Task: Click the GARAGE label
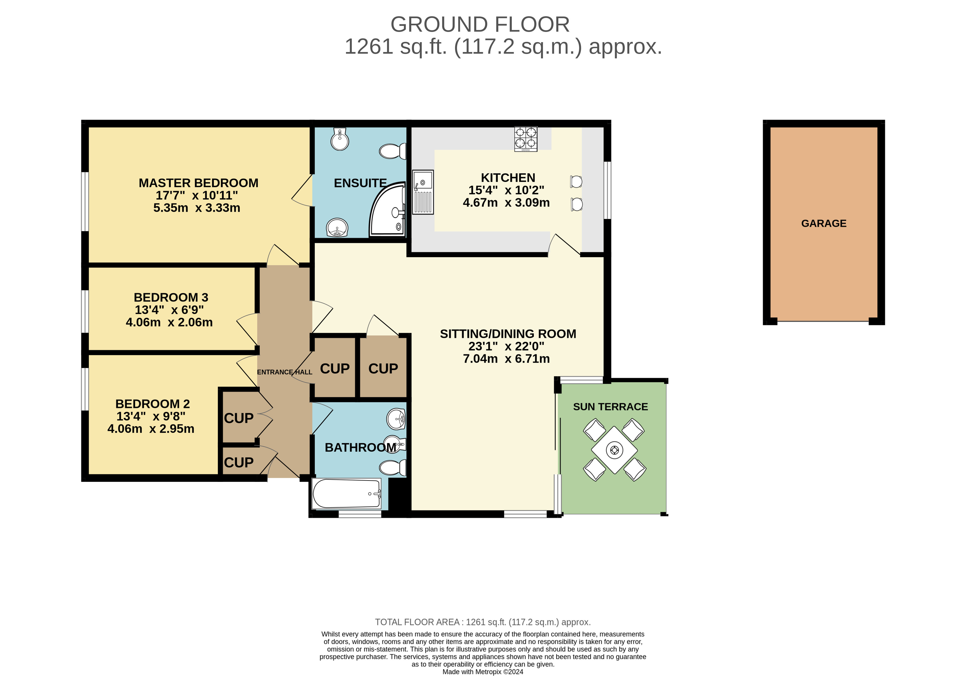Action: pos(823,223)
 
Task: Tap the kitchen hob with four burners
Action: pos(526,139)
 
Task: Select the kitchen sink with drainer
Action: pos(423,192)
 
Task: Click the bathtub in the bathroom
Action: pos(346,493)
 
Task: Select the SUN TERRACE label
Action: pos(610,407)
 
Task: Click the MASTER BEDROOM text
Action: pos(199,183)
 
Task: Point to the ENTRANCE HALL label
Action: pos(285,372)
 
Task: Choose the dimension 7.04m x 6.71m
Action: pos(506,359)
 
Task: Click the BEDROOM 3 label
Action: pos(171,297)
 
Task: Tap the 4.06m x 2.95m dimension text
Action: pos(151,429)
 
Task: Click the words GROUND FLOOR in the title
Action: pos(480,25)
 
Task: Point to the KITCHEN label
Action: pos(508,178)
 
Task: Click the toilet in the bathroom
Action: pos(393,467)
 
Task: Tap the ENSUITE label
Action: pos(360,183)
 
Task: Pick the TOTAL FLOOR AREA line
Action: pos(483,622)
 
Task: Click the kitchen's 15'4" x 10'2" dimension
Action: pos(506,190)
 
